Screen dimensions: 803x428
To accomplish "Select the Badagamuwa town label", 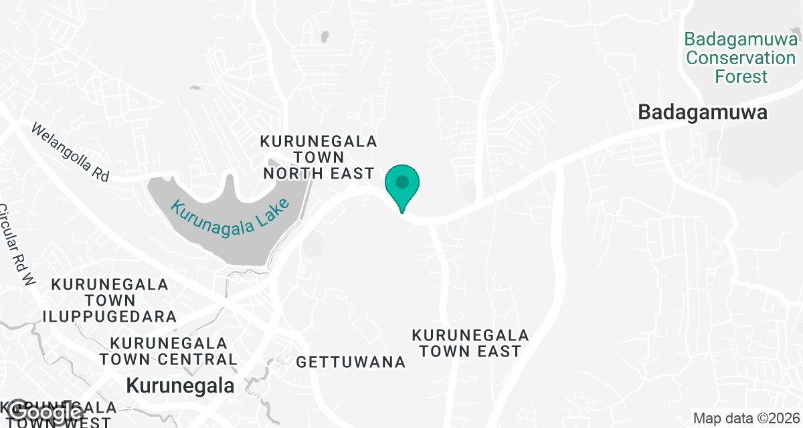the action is point(702,112).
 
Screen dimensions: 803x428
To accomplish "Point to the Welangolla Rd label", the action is point(70,152).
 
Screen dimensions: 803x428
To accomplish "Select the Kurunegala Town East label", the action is point(470,342).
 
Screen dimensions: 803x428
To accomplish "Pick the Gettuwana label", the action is point(351,362).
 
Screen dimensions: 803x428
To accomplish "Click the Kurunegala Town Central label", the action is point(168,351).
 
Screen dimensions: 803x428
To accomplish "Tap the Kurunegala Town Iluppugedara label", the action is point(110,300).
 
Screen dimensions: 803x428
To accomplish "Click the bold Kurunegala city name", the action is point(181,386).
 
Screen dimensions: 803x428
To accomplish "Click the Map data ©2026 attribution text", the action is point(744,419).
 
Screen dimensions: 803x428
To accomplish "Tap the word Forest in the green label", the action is point(741,76).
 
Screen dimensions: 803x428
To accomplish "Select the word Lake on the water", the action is point(273,211).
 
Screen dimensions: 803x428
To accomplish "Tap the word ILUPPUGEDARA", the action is point(110,316).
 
